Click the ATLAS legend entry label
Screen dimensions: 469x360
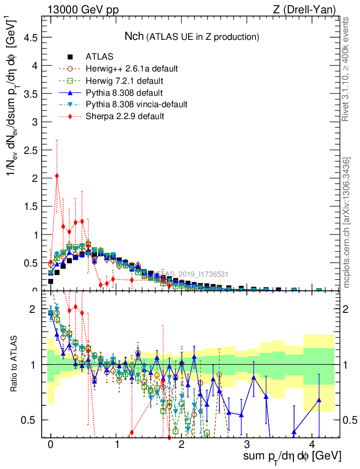click(99, 57)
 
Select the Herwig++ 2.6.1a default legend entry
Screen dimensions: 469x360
click(131, 69)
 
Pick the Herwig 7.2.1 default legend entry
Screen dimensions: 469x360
click(124, 81)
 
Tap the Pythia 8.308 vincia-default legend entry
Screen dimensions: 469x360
click(136, 104)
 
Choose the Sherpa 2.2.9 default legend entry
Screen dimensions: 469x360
click(125, 116)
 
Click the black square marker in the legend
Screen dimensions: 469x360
click(70, 57)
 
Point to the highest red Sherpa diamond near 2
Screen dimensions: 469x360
click(57, 176)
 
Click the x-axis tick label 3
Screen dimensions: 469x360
click(247, 445)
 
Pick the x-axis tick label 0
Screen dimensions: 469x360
click(51, 445)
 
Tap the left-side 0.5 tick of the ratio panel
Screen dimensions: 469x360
click(29, 420)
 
